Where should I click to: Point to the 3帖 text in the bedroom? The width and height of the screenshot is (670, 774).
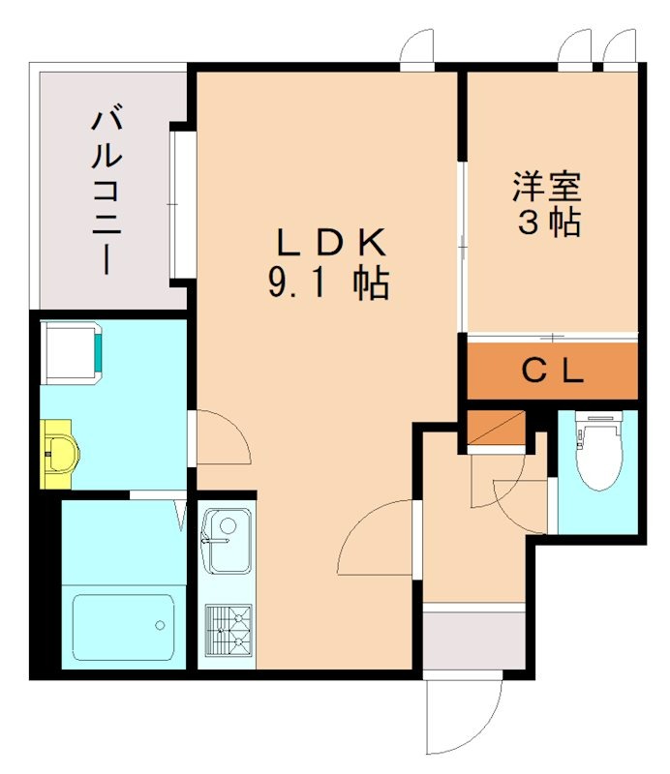549,224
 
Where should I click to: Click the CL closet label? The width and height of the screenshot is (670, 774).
553,371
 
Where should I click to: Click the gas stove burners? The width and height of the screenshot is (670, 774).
228,630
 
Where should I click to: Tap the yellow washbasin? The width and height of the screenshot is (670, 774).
61,454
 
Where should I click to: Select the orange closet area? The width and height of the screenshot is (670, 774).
553,371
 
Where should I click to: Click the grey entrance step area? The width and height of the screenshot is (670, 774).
462,639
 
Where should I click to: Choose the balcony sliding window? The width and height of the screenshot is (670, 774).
179,203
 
